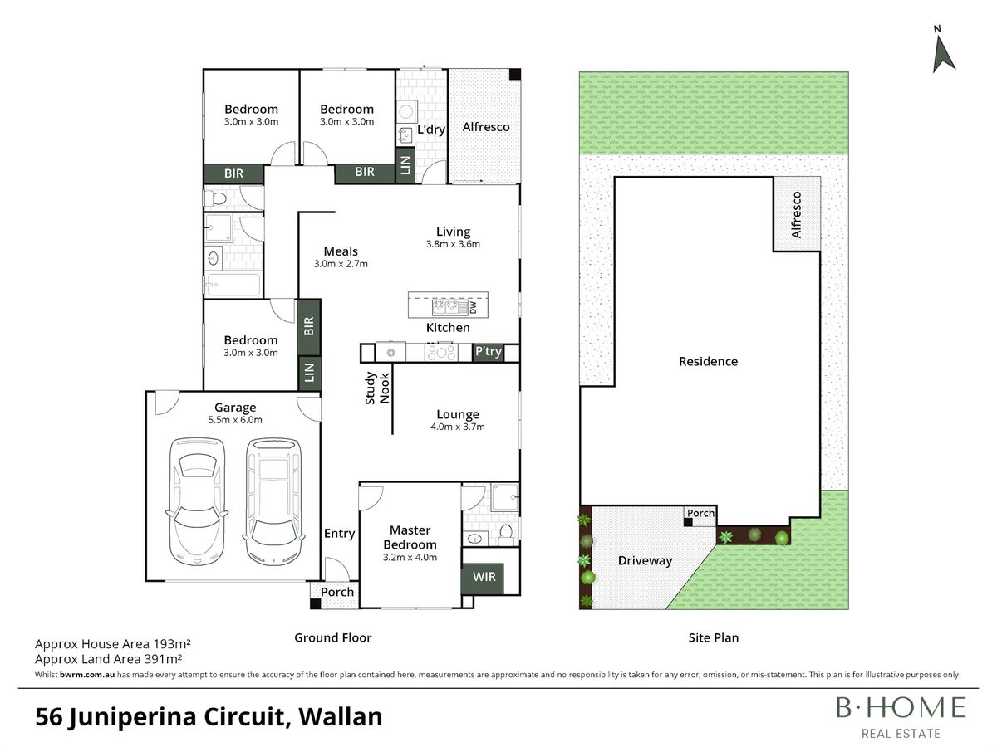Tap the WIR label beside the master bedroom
(x=484, y=577)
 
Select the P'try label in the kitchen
(x=489, y=351)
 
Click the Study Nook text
(x=377, y=388)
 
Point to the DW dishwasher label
(x=474, y=307)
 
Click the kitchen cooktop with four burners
(x=441, y=353)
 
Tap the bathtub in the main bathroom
(x=233, y=285)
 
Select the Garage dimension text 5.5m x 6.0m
(x=235, y=420)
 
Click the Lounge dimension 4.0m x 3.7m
(x=458, y=427)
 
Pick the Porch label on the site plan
(x=700, y=513)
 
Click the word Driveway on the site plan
(x=645, y=561)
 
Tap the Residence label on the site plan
(x=708, y=362)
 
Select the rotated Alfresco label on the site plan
(x=796, y=214)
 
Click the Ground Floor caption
(x=333, y=637)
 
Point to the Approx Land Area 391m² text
(x=109, y=659)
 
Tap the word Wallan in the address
(x=340, y=717)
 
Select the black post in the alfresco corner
(x=514, y=75)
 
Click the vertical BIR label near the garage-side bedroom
(x=309, y=326)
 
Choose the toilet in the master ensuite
(x=505, y=535)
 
